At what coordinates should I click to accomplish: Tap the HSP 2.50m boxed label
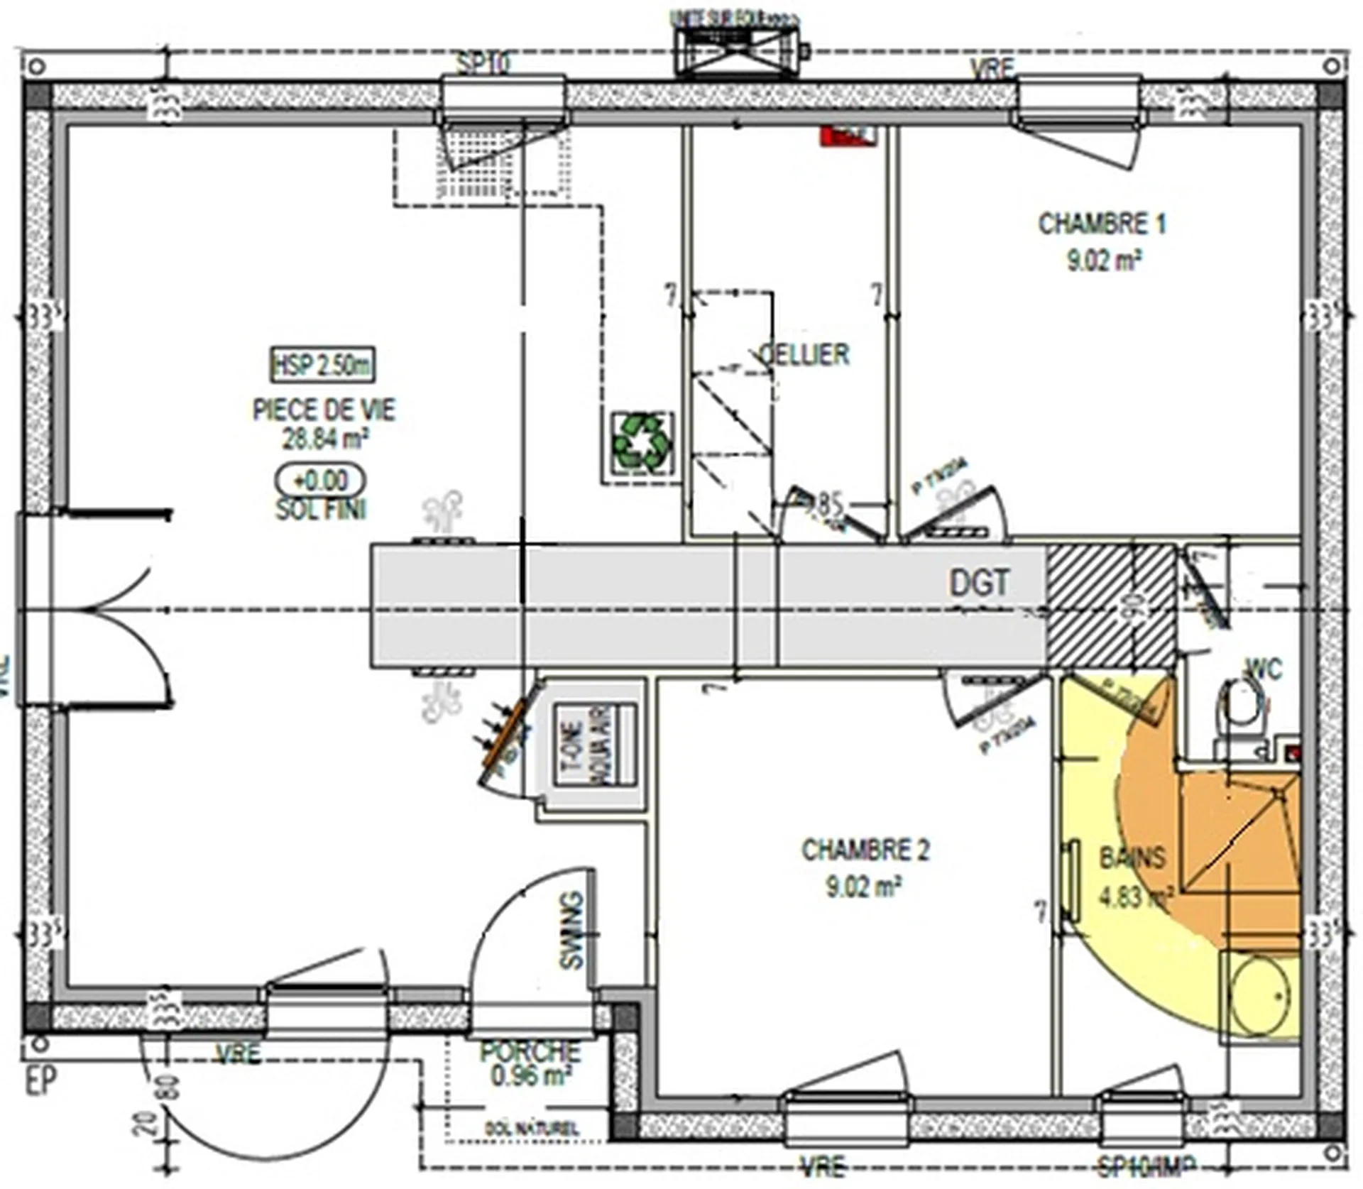click(323, 366)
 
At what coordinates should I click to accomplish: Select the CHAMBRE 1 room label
click(1102, 225)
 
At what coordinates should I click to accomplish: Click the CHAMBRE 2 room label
click(865, 850)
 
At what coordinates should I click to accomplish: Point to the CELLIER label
click(805, 354)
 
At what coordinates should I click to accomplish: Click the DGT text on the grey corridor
click(979, 583)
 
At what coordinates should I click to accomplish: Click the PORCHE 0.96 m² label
click(530, 1063)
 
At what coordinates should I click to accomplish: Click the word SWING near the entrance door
click(572, 931)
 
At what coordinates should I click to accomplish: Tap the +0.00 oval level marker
click(321, 481)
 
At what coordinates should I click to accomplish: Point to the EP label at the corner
click(40, 1081)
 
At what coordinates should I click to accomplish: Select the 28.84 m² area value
click(324, 439)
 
